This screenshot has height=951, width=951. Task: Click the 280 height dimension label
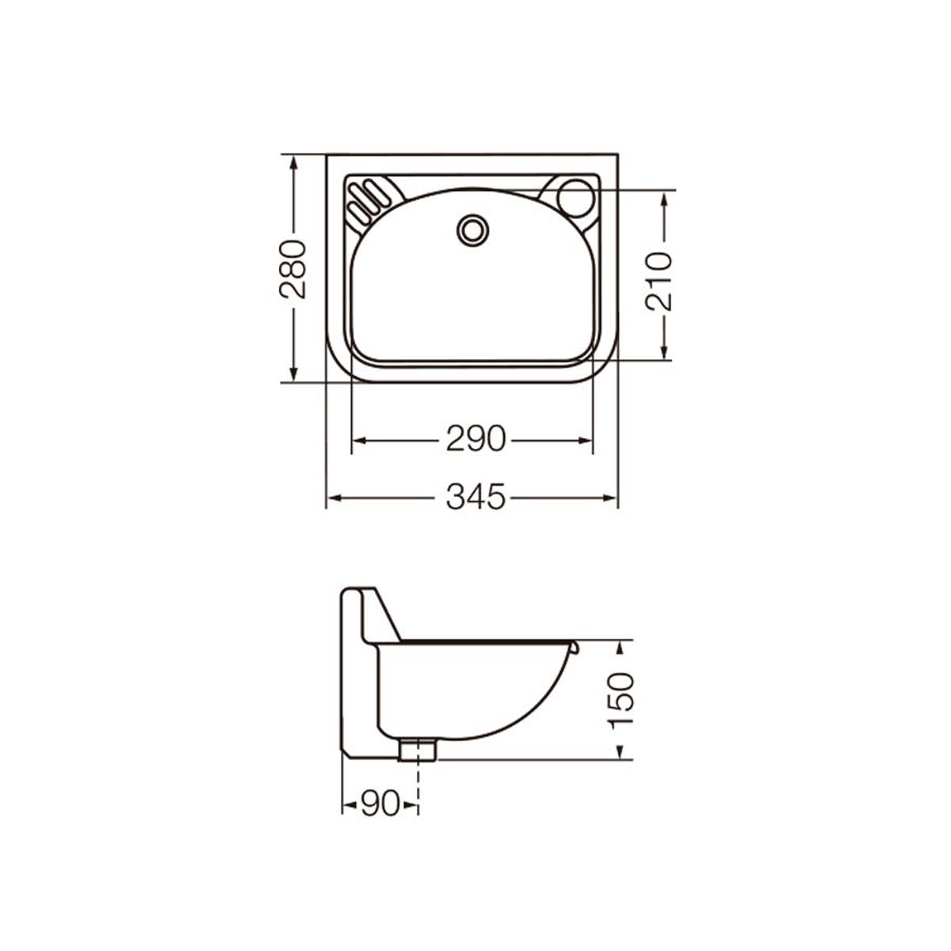click(292, 269)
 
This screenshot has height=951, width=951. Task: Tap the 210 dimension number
click(659, 281)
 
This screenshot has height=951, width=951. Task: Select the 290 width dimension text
click(475, 439)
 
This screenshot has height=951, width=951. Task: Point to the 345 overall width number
click(475, 497)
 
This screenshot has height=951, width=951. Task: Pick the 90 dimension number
click(380, 804)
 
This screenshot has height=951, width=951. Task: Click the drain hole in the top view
click(473, 230)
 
